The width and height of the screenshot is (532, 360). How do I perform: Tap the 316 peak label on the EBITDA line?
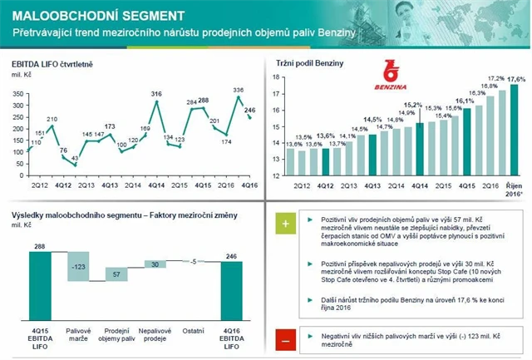tap(155, 94)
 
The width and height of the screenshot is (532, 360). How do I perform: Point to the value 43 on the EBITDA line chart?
tap(74, 158)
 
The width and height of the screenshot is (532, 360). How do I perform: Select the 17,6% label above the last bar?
tap(515, 79)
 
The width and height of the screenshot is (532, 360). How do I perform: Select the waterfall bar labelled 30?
tap(155, 264)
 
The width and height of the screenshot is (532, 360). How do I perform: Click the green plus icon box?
tap(285, 224)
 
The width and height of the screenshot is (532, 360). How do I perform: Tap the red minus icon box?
tap(285, 339)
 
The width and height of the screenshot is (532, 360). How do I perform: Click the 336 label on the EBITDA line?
tap(238, 90)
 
